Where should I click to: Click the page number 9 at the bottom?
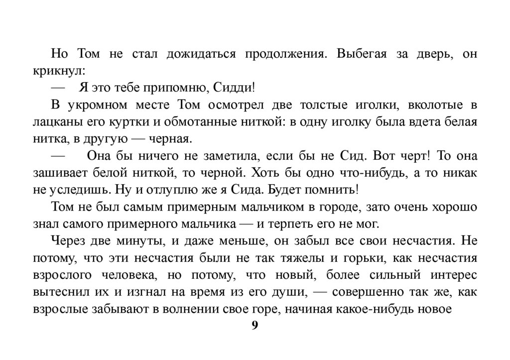(x=255, y=326)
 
